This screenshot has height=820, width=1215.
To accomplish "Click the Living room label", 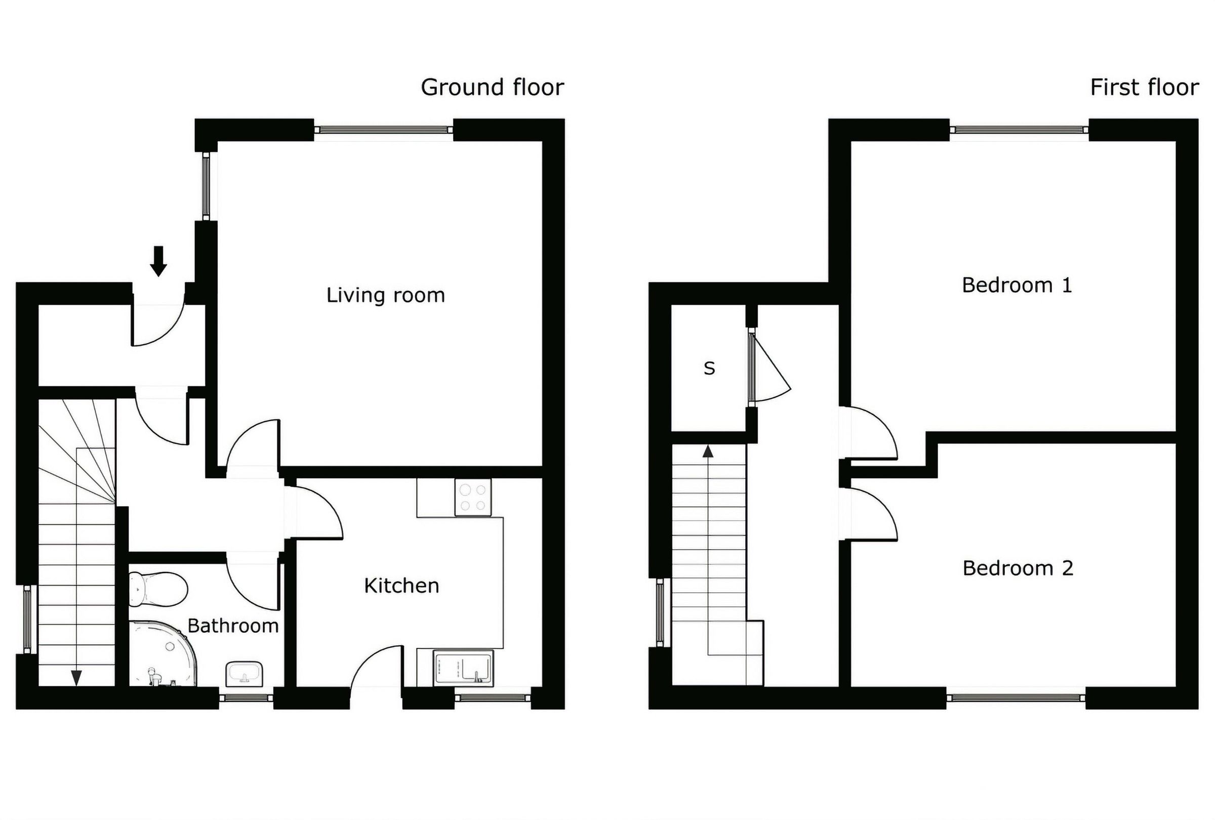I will pyautogui.click(x=385, y=295).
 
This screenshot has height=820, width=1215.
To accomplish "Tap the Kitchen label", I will pyautogui.click(x=401, y=586).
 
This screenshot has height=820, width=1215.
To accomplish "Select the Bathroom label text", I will pyautogui.click(x=233, y=626).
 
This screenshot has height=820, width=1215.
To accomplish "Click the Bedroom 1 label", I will pyautogui.click(x=1017, y=285).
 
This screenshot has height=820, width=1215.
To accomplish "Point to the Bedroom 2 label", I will pyautogui.click(x=1018, y=568).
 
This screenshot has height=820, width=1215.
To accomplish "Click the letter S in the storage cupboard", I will pyautogui.click(x=709, y=368).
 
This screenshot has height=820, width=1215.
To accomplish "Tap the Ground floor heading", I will pyautogui.click(x=492, y=87).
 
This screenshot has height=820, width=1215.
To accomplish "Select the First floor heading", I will pyautogui.click(x=1144, y=87).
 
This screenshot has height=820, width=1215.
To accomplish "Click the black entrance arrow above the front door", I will pyautogui.click(x=158, y=261).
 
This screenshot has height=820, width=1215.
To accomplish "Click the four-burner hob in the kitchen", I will pyautogui.click(x=473, y=498).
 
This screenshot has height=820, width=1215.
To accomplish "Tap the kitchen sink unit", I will pyautogui.click(x=463, y=668).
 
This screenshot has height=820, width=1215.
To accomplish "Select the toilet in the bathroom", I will pyautogui.click(x=157, y=589).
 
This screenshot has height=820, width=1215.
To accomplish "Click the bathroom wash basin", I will pyautogui.click(x=244, y=674).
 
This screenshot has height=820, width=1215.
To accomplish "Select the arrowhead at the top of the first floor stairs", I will pyautogui.click(x=708, y=452).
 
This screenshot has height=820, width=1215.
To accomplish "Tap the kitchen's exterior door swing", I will pyautogui.click(x=375, y=666).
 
